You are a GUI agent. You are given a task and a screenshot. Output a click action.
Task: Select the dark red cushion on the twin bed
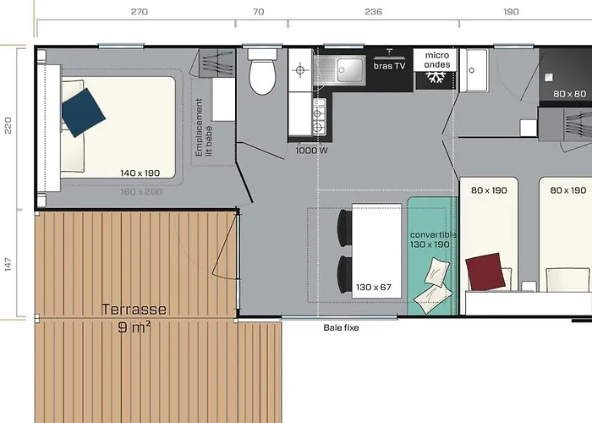485,272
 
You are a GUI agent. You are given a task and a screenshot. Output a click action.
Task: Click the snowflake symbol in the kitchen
436,77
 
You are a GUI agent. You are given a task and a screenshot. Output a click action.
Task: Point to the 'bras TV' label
390,66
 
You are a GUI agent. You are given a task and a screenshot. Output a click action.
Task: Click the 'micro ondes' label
436,58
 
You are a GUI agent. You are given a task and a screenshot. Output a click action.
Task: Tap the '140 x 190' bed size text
140,173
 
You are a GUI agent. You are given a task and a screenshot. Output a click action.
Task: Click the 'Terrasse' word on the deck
134,310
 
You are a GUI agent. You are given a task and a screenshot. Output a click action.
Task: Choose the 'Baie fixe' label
342,327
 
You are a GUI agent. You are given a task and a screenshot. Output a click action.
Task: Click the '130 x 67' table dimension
374,287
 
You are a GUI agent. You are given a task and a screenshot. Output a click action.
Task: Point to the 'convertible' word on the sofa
432,234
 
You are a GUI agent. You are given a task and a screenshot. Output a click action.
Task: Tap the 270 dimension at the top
140,12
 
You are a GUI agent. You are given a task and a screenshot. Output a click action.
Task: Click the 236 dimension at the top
373,12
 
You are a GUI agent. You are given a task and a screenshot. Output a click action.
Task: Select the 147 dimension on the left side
8,264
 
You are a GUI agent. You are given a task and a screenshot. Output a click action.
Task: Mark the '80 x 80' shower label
569,94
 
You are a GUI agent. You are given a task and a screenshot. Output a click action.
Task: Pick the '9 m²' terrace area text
134,326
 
